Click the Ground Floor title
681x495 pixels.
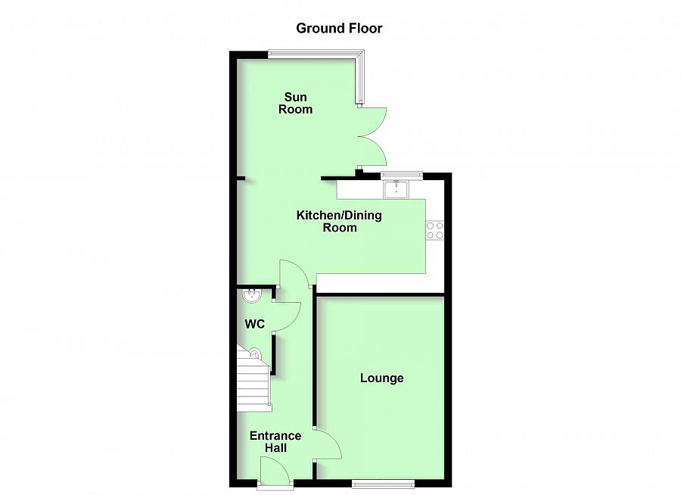[339, 29]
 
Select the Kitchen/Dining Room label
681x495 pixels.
[339, 221]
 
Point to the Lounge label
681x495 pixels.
[381, 378]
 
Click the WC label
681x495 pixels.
[254, 324]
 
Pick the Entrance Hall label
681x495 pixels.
[275, 442]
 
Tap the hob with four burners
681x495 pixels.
[434, 230]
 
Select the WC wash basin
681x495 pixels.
[250, 295]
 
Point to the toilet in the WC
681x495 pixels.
[253, 353]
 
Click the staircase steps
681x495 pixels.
[253, 386]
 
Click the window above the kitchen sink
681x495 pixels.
[402, 175]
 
